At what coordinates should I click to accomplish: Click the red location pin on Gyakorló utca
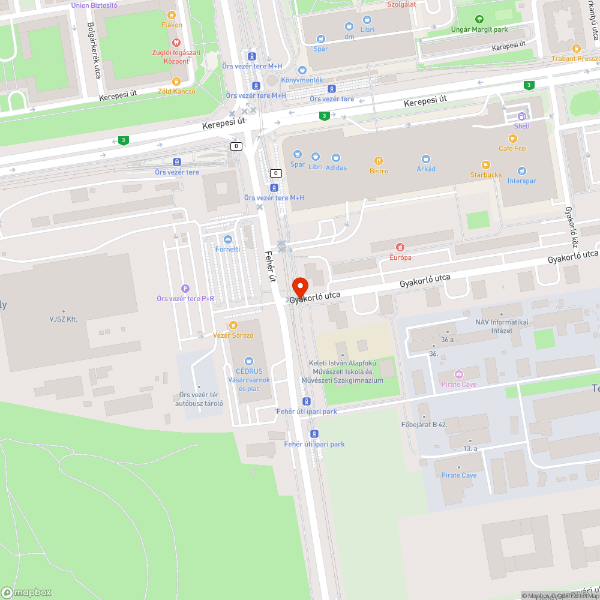(x=300, y=286)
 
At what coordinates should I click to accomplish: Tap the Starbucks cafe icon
(x=486, y=165)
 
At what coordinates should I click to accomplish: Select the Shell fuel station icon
(x=522, y=116)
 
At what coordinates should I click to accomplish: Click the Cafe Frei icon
(x=512, y=139)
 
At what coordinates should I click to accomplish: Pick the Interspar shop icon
(x=521, y=171)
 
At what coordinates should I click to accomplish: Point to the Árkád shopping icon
(x=426, y=159)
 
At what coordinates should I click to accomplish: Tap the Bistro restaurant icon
(x=379, y=161)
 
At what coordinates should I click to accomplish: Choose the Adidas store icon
(x=335, y=157)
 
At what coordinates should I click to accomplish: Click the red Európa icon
(x=400, y=247)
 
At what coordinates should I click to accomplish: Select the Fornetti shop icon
(x=227, y=239)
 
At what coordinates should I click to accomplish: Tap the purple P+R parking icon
(x=185, y=289)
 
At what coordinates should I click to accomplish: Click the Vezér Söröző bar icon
(x=233, y=325)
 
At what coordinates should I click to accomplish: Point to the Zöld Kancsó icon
(x=176, y=82)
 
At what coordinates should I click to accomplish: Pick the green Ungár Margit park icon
(x=478, y=19)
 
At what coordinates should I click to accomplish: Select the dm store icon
(x=349, y=26)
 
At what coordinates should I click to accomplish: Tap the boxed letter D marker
(x=236, y=146)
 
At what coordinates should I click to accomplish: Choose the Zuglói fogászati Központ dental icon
(x=176, y=43)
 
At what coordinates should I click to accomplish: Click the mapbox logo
(x=27, y=592)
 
